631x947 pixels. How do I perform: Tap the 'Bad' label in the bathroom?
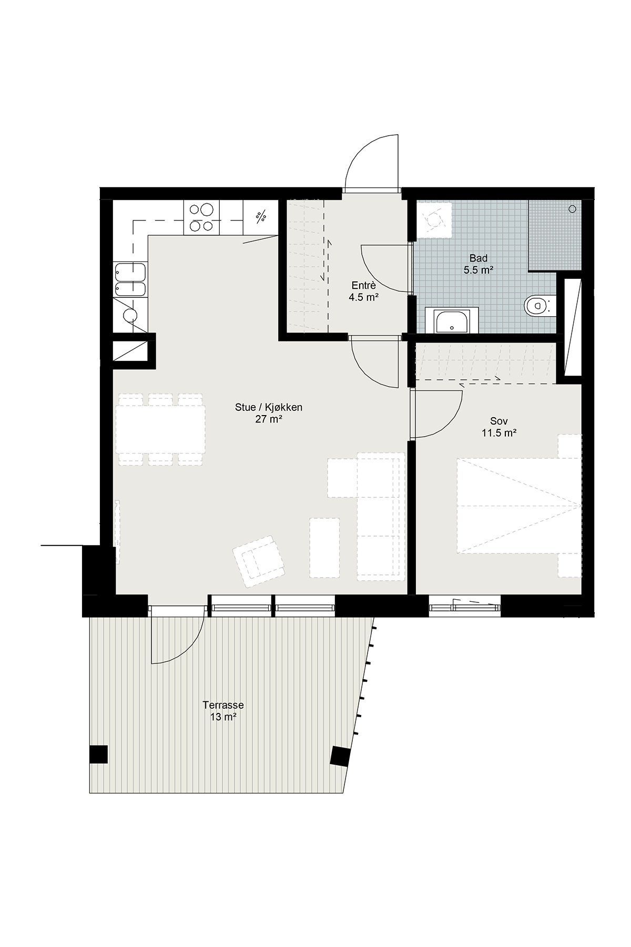479,258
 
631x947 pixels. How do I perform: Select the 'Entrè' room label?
364,286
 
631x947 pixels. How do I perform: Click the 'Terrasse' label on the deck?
223,705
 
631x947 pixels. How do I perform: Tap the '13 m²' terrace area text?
223,717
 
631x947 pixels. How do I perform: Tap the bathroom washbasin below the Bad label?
452,320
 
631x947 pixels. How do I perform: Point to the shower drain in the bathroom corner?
572,209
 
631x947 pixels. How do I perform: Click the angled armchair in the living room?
258,561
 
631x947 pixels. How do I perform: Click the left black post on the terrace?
98,754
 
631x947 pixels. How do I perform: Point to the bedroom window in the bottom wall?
464,607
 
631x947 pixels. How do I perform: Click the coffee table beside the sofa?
324,548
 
